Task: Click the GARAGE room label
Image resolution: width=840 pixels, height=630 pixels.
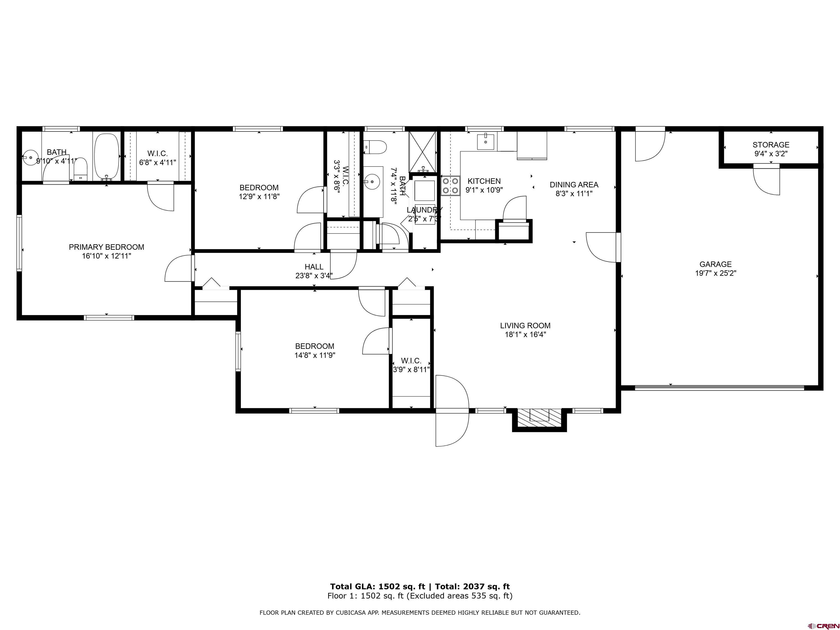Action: [715, 264]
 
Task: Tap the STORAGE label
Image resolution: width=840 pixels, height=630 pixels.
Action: [771, 145]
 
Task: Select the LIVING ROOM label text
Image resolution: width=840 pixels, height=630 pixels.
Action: [525, 325]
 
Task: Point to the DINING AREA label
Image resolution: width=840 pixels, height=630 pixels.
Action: [574, 185]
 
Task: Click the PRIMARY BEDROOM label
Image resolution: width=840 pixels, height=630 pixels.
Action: [106, 247]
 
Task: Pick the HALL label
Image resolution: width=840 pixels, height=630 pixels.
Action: [314, 267]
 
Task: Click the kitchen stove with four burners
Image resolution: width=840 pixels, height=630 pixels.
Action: [450, 186]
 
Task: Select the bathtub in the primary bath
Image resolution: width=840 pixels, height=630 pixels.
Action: [107, 156]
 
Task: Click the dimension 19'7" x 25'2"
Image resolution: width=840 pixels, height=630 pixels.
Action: [715, 273]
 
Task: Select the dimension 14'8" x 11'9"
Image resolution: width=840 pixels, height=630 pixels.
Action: [315, 355]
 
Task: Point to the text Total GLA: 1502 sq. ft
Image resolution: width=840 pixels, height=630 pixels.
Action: [378, 587]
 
